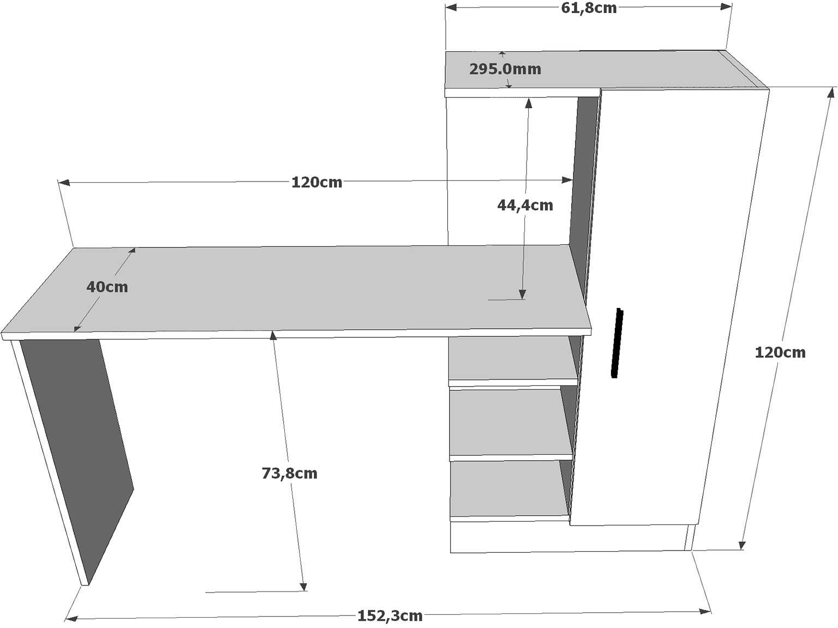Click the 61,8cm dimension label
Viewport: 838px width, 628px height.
pos(589,8)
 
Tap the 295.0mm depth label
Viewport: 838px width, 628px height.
pos(505,69)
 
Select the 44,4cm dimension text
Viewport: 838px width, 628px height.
pos(525,206)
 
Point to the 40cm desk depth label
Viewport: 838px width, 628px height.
pos(107,287)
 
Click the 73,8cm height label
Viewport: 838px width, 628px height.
pos(289,473)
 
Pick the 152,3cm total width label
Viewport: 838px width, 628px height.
pos(390,616)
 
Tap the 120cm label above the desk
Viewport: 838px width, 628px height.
pos(316,182)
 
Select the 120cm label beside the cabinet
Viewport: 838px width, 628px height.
pos(780,353)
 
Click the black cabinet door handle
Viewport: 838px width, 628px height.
pos(617,343)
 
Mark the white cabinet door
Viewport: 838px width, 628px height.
pos(666,305)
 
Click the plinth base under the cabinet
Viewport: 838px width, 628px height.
pos(567,538)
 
